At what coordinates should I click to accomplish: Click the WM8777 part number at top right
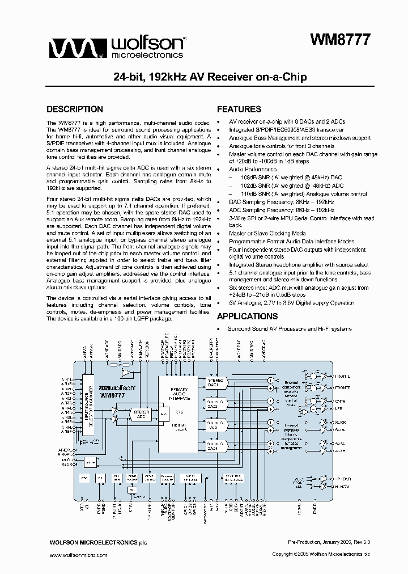click(x=340, y=40)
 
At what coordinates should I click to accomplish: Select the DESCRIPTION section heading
click(x=74, y=109)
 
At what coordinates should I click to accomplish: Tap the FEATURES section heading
click(x=239, y=109)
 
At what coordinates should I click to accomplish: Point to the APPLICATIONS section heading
click(x=247, y=316)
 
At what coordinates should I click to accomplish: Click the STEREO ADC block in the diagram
click(x=139, y=414)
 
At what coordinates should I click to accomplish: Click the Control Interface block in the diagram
click(x=233, y=478)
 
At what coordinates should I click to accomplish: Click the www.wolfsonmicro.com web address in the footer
click(x=77, y=555)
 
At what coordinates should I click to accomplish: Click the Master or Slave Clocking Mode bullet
click(x=267, y=233)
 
